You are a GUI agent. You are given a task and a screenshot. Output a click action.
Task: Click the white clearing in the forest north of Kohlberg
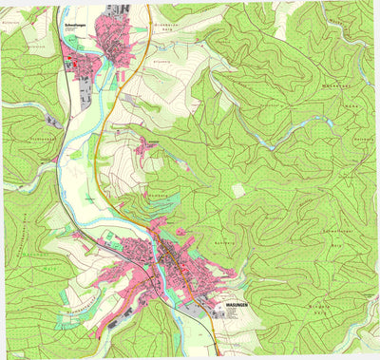pos(237,190)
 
